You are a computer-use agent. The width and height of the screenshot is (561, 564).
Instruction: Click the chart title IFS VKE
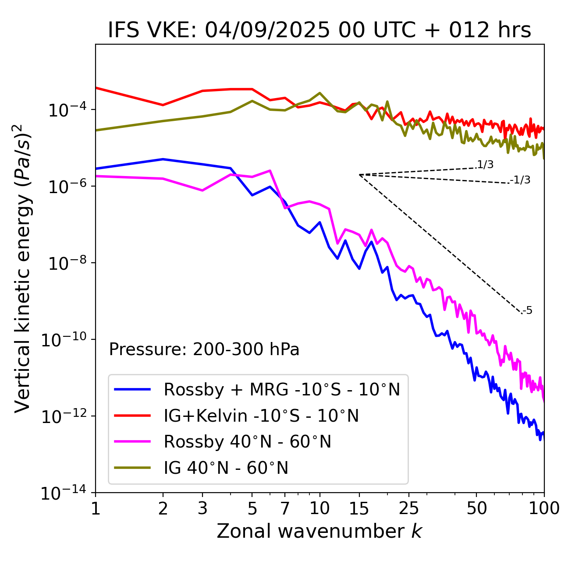pos(320,31)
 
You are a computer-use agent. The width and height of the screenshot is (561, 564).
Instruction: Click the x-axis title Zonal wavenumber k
pos(320,531)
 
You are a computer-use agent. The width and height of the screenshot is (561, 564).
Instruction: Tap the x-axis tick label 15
pos(359,508)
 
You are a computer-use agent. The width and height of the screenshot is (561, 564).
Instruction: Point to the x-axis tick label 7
pos(285,508)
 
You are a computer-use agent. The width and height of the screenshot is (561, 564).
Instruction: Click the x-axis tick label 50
pos(477,508)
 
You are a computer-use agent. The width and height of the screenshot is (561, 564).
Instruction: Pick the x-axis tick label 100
pos(543,508)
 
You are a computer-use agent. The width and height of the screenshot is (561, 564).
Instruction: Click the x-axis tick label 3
pos(202,508)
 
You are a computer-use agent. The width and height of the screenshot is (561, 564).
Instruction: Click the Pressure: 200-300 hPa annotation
pos(204,349)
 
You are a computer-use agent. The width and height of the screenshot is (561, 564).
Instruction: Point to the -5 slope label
pos(528,310)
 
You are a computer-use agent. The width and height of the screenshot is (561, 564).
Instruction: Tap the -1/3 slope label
pos(521,180)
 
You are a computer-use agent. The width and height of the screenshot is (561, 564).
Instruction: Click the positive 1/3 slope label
pos(486,165)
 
